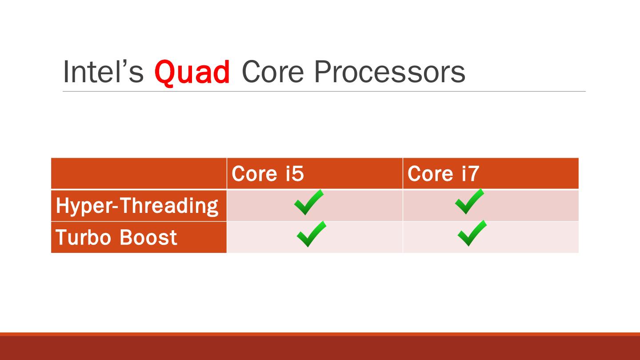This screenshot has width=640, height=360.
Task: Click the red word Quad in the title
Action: click(x=192, y=72)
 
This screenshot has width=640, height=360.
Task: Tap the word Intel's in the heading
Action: click(x=103, y=72)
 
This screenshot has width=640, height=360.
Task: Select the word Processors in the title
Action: click(x=390, y=72)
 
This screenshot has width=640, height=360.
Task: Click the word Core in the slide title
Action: click(x=272, y=72)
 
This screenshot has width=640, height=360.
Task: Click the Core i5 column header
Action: click(x=268, y=173)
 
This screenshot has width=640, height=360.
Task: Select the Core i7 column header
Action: click(x=443, y=173)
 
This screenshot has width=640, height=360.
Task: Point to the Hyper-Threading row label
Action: click(x=137, y=206)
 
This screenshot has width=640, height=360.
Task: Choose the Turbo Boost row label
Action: click(x=116, y=237)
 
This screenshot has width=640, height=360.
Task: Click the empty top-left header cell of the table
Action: click(x=139, y=173)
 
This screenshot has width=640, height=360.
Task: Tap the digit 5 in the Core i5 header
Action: click(x=298, y=174)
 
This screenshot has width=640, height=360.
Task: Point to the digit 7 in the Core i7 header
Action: click(x=473, y=174)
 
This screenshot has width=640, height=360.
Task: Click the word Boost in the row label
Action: click(x=148, y=237)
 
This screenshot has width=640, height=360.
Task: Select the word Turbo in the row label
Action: click(x=83, y=237)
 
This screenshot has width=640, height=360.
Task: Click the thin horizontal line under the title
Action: click(x=324, y=92)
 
